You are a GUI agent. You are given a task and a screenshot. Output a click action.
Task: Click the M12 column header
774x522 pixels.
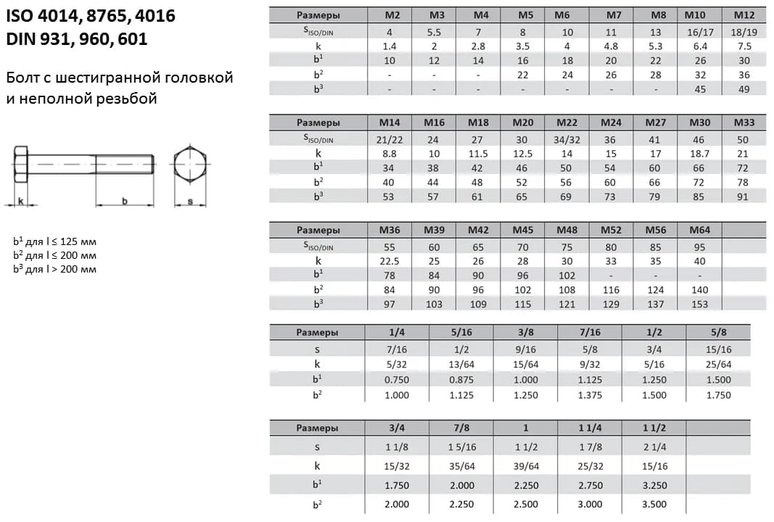click(744, 14)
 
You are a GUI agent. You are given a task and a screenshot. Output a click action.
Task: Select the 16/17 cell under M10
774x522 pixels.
click(699, 32)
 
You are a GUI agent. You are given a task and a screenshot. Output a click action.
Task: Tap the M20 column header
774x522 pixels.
click(522, 123)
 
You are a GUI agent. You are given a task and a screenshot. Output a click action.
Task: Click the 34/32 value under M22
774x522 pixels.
click(567, 139)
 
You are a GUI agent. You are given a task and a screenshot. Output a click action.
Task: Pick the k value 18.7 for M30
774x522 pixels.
click(699, 154)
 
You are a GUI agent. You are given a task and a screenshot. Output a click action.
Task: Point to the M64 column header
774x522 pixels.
click(699, 230)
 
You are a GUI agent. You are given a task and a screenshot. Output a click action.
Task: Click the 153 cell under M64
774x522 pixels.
click(699, 304)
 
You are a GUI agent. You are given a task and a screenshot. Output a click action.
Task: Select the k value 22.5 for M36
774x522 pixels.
click(390, 261)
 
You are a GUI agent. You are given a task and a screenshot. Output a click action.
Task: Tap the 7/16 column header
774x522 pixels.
click(590, 333)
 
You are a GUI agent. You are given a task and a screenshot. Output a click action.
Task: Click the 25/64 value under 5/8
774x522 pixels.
click(719, 365)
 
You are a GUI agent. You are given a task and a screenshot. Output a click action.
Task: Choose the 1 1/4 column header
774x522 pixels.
click(590, 428)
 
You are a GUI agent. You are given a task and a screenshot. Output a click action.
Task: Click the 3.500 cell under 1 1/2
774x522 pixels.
click(654, 504)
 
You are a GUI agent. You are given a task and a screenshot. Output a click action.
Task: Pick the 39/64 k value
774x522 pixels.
click(527, 466)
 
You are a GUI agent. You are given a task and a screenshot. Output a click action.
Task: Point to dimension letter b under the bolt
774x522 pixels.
click(124, 201)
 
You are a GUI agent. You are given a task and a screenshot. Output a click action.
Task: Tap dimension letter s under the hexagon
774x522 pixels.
click(190, 202)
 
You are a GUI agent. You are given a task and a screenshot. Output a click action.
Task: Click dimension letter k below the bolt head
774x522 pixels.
click(20, 201)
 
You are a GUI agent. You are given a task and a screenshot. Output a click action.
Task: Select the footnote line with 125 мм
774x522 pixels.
click(54, 242)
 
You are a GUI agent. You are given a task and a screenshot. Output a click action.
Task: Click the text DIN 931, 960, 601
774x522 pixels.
click(77, 39)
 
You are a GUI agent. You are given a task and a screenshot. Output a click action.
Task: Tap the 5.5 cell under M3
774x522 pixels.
click(434, 32)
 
